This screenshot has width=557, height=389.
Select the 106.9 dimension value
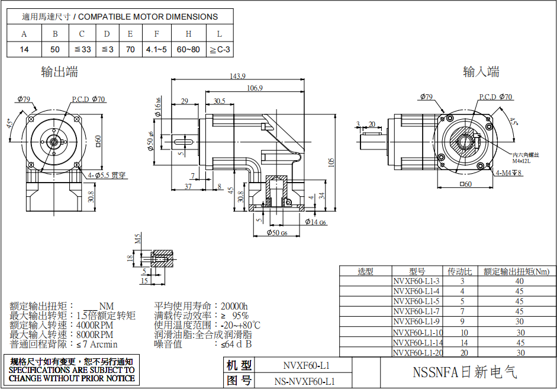(x=255, y=88)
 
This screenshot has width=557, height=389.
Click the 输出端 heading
(x=59, y=72)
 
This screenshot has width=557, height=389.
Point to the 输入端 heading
(x=481, y=72)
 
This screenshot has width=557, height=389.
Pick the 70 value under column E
(x=130, y=49)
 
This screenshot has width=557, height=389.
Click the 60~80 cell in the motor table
(x=188, y=49)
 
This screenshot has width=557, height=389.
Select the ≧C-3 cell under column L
(x=220, y=49)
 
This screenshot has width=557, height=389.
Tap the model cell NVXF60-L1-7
(x=417, y=311)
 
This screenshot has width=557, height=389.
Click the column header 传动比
(x=459, y=271)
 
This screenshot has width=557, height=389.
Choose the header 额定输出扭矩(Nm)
(x=516, y=271)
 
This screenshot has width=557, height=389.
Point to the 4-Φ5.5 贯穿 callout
(x=107, y=175)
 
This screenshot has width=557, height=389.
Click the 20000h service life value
(x=234, y=306)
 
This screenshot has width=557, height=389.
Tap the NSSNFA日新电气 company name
(x=465, y=372)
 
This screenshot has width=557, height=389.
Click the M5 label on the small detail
(x=138, y=238)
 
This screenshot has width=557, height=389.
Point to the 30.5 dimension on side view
(x=220, y=101)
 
